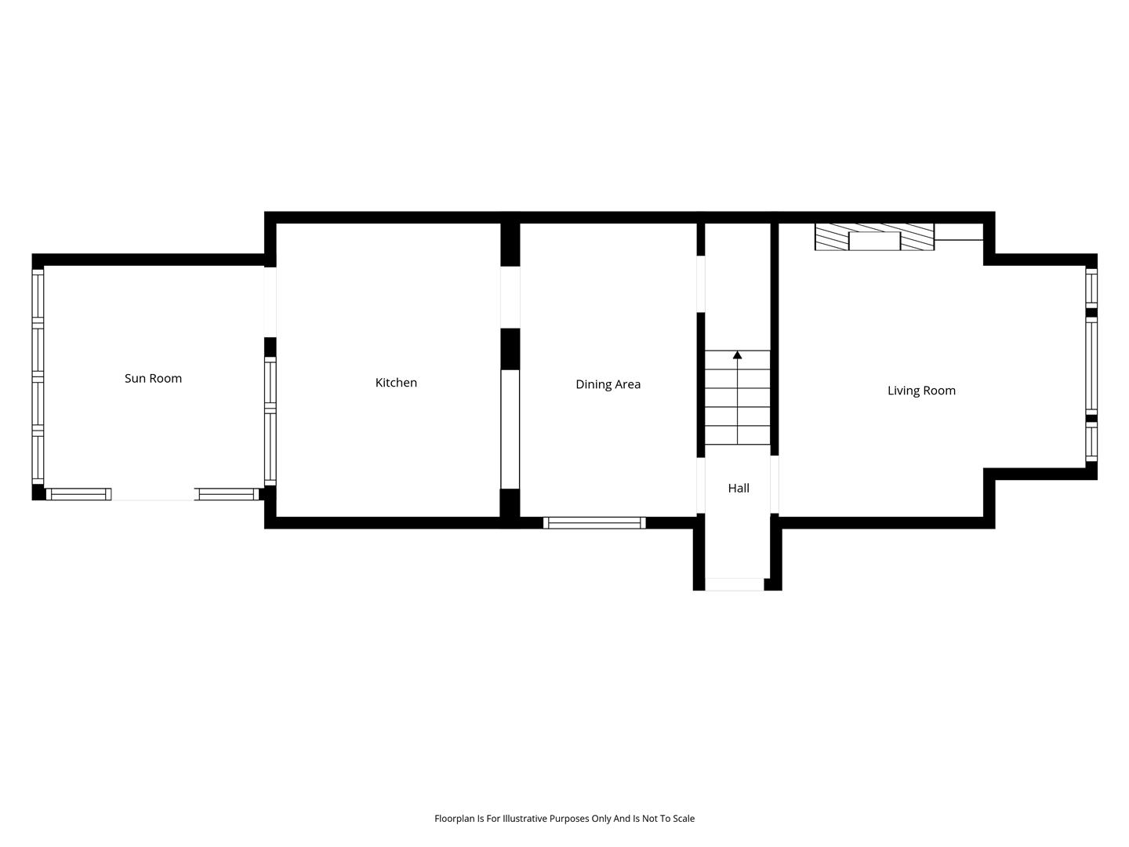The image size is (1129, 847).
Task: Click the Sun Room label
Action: (153, 379)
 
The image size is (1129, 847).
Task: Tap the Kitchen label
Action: (395, 383)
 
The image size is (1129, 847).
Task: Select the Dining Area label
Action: (608, 384)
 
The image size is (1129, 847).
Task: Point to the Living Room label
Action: (921, 391)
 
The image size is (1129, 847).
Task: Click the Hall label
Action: (738, 488)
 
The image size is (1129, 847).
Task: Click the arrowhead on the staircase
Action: (737, 354)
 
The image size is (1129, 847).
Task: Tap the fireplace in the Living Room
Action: (874, 237)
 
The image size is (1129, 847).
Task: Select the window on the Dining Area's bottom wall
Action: (594, 523)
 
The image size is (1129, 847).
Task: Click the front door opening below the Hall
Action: (734, 584)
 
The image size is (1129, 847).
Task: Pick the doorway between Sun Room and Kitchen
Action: (270, 302)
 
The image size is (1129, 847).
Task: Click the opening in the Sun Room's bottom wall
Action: (153, 494)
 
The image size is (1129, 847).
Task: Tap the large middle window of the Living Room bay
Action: (1091, 365)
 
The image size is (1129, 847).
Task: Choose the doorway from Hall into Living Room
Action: (774, 485)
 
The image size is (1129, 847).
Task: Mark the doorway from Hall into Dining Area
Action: (701, 485)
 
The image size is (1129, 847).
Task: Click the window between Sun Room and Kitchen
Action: (270, 421)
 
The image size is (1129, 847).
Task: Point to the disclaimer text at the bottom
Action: (564, 818)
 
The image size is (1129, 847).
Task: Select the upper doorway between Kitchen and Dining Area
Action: (510, 297)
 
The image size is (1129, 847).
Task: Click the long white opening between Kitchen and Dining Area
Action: (510, 430)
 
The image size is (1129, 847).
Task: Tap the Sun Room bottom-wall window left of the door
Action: (78, 494)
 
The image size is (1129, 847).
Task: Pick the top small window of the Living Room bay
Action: (1091, 289)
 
